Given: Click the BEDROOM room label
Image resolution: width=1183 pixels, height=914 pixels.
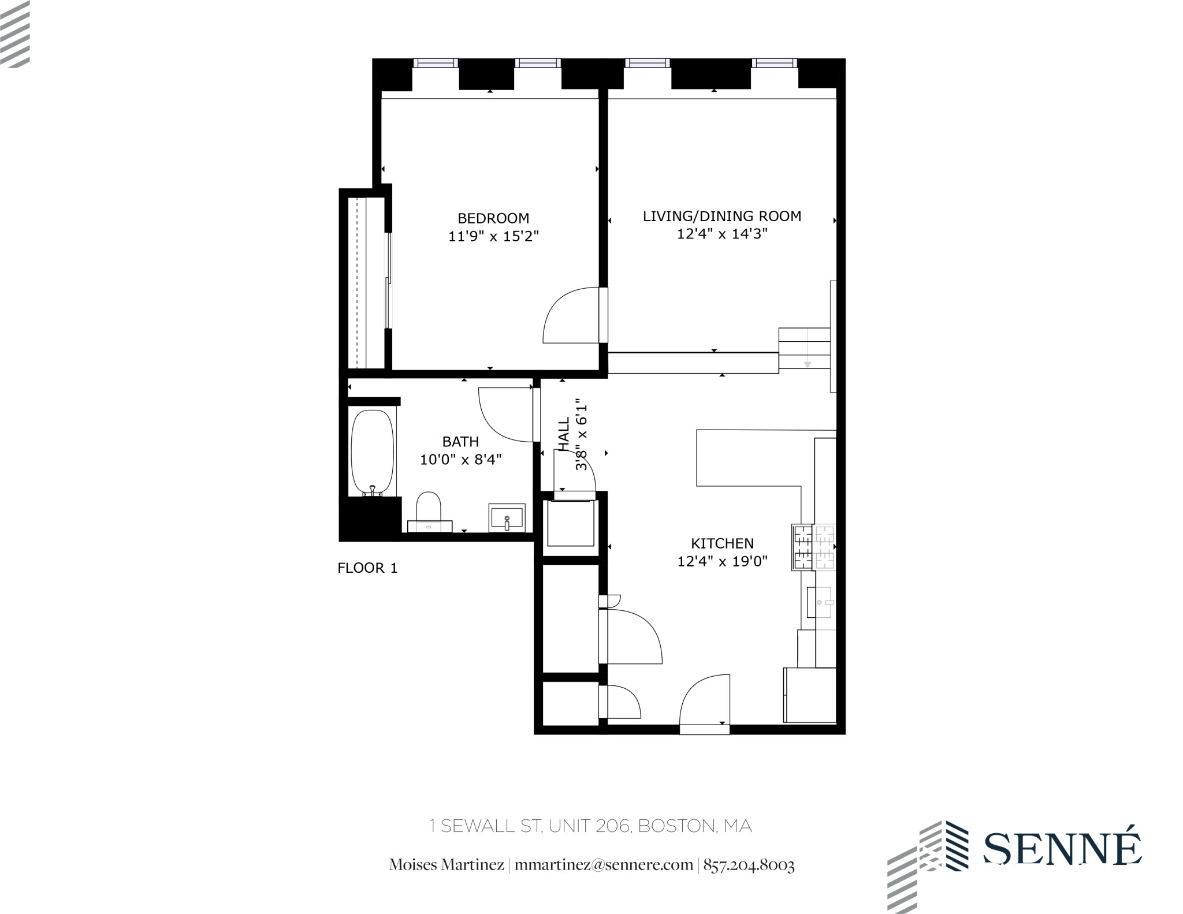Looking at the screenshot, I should pyautogui.click(x=493, y=218).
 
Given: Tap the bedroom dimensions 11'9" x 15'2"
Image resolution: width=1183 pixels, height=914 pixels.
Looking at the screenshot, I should pyautogui.click(x=493, y=236).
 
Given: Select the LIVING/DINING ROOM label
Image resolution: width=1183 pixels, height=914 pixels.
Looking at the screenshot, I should pyautogui.click(x=722, y=216).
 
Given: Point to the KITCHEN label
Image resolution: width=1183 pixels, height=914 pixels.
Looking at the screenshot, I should pyautogui.click(x=722, y=543).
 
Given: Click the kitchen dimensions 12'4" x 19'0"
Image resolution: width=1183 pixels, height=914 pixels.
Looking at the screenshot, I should pyautogui.click(x=722, y=561).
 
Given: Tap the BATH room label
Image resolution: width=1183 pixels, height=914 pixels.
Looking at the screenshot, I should pyautogui.click(x=460, y=442).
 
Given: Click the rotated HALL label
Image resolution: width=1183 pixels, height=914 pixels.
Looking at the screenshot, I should pyautogui.click(x=564, y=434).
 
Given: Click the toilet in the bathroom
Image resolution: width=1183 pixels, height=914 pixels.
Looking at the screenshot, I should pyautogui.click(x=429, y=507).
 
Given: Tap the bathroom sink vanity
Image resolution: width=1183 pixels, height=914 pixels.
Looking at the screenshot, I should pyautogui.click(x=507, y=517).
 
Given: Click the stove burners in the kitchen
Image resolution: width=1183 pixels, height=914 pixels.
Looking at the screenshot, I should pyautogui.click(x=814, y=547).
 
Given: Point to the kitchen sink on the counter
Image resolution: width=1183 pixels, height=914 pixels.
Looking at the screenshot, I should pyautogui.click(x=820, y=602).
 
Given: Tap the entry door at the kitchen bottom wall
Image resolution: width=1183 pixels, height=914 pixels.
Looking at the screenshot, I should pyautogui.click(x=705, y=702).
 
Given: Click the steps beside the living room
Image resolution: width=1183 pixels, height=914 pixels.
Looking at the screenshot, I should pyautogui.click(x=804, y=349).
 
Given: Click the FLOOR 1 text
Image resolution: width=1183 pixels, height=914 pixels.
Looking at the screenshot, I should pyautogui.click(x=367, y=568).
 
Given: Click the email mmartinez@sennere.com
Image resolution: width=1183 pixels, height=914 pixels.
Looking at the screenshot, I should pyautogui.click(x=604, y=865).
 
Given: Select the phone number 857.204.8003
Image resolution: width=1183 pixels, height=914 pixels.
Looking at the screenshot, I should pyautogui.click(x=749, y=865).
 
